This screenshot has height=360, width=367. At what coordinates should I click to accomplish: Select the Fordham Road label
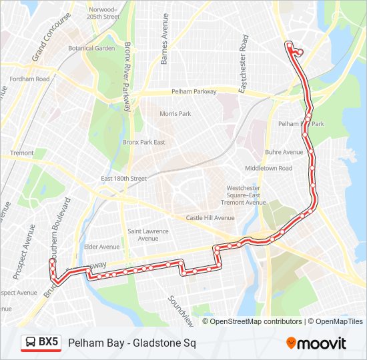click(x=29, y=79)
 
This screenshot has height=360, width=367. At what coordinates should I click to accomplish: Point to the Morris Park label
click(x=175, y=114)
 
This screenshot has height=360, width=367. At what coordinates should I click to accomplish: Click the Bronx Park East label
click(x=143, y=142)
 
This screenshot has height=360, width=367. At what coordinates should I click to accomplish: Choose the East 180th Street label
click(x=123, y=179)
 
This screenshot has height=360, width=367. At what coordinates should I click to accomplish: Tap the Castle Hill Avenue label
click(x=210, y=218)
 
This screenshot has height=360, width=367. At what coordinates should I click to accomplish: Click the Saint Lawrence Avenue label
click(x=148, y=235)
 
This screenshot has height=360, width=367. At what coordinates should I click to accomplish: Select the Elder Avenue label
click(x=101, y=247)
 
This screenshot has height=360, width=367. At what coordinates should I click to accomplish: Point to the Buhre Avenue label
click(x=284, y=152)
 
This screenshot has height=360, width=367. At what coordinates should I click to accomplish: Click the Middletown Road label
click(x=268, y=168)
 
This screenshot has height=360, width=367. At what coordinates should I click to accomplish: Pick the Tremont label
click(x=22, y=153)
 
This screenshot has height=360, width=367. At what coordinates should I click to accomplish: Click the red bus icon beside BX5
click(x=31, y=343)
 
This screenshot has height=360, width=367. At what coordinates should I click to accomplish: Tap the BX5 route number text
click(x=48, y=343)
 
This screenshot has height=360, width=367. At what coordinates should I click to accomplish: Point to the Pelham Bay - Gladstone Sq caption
click(x=127, y=343)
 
